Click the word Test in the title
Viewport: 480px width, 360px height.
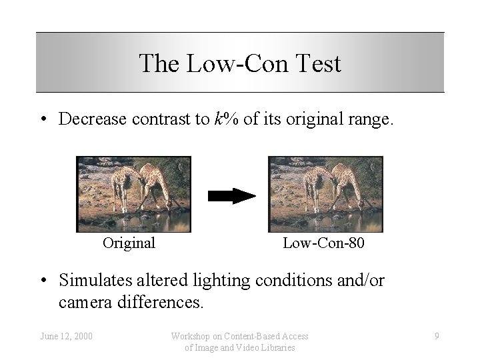315,64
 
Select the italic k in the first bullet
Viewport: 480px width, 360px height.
217,120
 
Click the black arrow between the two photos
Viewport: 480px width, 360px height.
231,195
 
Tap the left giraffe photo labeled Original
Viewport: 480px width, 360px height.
133,194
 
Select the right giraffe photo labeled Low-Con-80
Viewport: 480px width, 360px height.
325,194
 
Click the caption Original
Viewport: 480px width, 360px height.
129,243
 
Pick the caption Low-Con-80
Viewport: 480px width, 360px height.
324,243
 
